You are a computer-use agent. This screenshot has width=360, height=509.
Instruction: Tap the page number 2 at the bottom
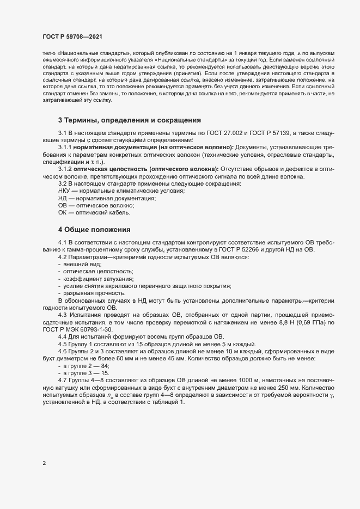(x=44, y=464)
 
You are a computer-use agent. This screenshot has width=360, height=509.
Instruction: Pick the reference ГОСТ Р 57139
(x=257, y=133)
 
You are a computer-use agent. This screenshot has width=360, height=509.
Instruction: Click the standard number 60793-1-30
(x=98, y=330)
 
